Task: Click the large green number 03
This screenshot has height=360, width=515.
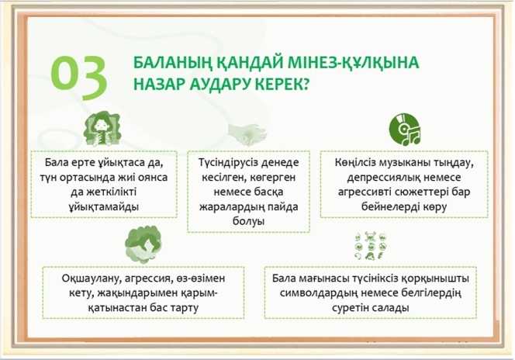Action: tap(79, 77)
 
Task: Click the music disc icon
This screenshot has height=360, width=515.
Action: tap(405, 130)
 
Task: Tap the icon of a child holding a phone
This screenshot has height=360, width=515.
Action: tap(102, 129)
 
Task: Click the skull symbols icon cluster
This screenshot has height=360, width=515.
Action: tap(371, 246)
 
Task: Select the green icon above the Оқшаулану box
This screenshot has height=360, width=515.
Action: tap(143, 244)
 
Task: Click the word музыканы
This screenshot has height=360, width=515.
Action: tap(406, 163)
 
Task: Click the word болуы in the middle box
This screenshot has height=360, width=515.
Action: tap(248, 221)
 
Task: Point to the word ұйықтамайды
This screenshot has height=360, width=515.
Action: tap(104, 207)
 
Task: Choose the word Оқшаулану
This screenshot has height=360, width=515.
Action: tap(88, 279)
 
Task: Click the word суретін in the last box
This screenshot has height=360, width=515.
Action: tap(351, 308)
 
